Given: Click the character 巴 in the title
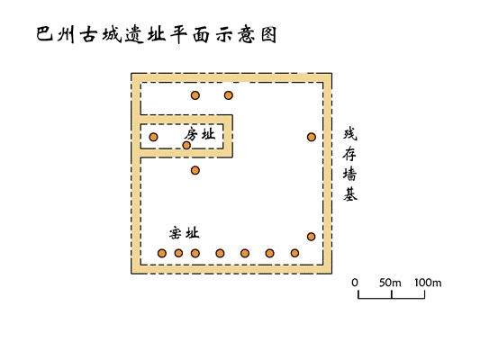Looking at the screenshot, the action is tap(45, 33).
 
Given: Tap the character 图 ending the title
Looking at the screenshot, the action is tap(269, 34).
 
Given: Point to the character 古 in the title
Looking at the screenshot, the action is tap(89, 35).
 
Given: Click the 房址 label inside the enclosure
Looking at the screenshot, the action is tap(200, 134).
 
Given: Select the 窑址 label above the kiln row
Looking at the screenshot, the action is tap(185, 233).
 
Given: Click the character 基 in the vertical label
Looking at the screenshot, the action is tap(350, 193).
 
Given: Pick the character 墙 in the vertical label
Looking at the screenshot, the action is tap(350, 174).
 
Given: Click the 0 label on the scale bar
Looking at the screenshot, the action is tap(355, 283).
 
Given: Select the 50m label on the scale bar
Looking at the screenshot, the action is tap(390, 283).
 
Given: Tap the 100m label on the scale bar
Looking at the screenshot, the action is tap(428, 283).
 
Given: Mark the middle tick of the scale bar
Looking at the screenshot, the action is tap(392, 294).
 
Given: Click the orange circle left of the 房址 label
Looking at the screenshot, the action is tap(153, 137).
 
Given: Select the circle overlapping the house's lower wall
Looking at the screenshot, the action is tap(186, 145).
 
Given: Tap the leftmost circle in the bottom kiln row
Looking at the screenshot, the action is tap(162, 253).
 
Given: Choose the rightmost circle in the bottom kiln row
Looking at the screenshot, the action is tap(294, 253).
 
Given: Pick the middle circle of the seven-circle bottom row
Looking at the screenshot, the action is tap(220, 253).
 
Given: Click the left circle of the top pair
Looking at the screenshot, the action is tap(195, 95).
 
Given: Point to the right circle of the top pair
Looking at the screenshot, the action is tap(229, 95).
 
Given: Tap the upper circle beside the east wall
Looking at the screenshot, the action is tap(312, 137).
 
